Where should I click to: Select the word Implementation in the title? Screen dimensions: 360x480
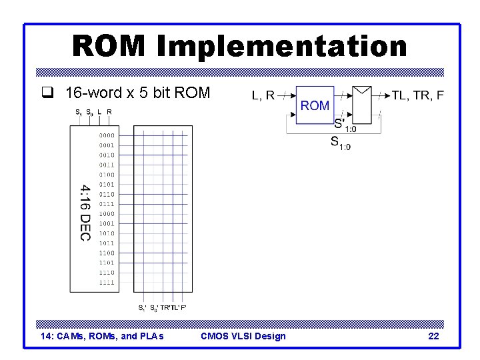tap(282, 47)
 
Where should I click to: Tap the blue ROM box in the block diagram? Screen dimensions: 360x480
tap(315, 105)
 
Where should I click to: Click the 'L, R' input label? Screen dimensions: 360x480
tap(263, 95)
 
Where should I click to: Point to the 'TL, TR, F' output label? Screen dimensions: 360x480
tap(418, 95)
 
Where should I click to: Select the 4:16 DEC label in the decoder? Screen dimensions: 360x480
tap(85, 213)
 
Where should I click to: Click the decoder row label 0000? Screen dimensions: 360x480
tap(107, 135)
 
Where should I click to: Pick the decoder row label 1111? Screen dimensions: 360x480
tap(107, 283)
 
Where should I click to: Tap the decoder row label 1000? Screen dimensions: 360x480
tap(107, 214)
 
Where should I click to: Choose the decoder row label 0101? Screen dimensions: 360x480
tap(107, 185)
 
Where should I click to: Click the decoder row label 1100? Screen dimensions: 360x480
tap(107, 253)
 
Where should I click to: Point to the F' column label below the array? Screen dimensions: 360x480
tap(183, 308)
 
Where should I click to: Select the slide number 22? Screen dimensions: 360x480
tap(433, 336)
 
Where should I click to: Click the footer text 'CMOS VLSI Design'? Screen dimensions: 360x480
tap(243, 336)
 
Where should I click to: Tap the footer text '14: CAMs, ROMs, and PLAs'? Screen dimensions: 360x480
tap(102, 336)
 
